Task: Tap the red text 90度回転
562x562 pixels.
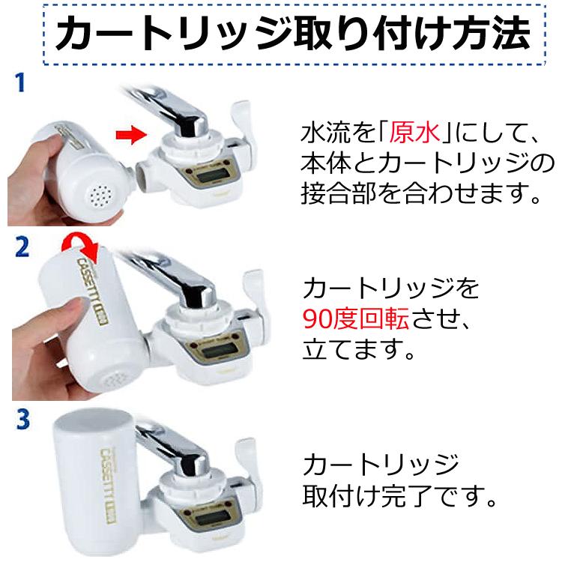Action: point(355,321)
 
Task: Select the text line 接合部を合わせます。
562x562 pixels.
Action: point(420,195)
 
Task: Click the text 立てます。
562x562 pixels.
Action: point(359,350)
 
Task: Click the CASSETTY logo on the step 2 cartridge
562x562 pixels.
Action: point(94,288)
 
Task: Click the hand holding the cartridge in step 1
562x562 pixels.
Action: point(34,180)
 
